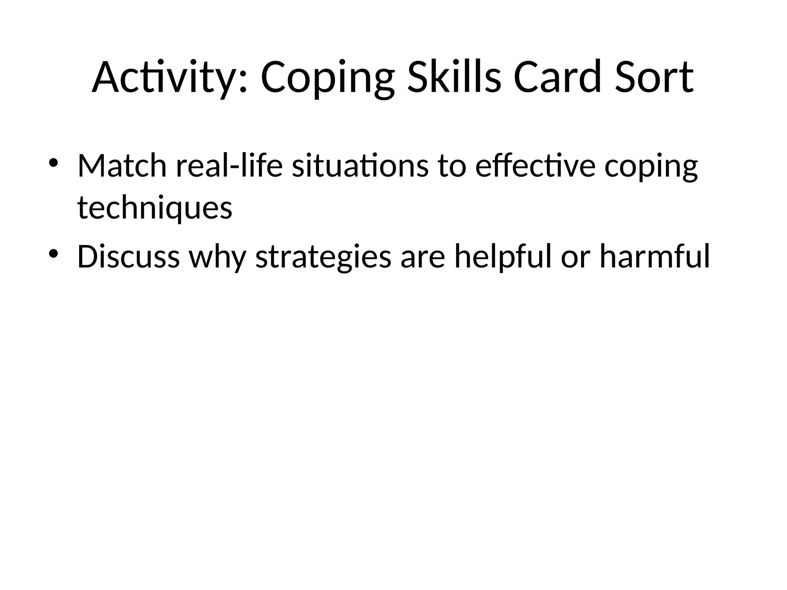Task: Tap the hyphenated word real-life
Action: (229, 167)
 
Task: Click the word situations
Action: (360, 167)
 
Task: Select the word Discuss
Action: (128, 257)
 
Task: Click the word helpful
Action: (503, 257)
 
